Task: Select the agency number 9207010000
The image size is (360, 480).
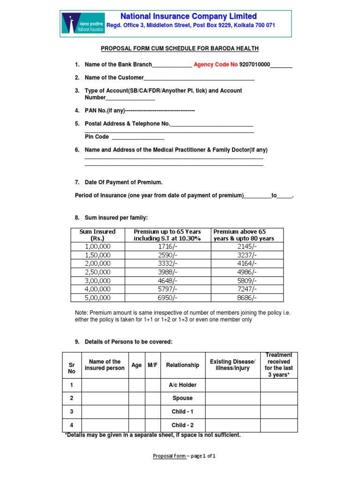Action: point(255,65)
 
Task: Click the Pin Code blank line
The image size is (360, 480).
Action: point(138,137)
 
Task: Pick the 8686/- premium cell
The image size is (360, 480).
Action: point(247,298)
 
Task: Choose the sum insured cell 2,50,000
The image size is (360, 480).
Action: point(97,272)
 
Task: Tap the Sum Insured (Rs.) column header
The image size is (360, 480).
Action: point(97,235)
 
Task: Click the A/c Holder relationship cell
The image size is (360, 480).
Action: point(182,385)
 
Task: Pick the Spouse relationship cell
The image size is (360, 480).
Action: point(182,398)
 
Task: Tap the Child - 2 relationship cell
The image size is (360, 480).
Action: point(182,425)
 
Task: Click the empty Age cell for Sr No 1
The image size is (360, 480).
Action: point(136,385)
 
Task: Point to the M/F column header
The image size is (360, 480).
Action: point(153,365)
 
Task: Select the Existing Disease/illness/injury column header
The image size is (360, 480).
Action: point(232,365)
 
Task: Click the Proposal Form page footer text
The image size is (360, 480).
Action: point(184,456)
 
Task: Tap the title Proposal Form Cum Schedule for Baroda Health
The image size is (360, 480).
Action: point(180,49)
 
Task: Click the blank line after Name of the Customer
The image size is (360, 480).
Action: point(199,78)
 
